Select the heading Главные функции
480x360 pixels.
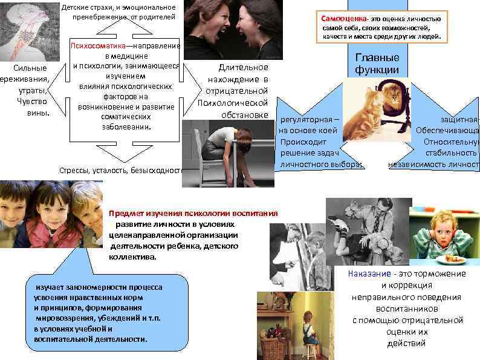[x=377, y=64]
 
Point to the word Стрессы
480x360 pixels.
[x=73, y=170]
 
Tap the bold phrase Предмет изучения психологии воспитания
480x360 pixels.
[x=193, y=213]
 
